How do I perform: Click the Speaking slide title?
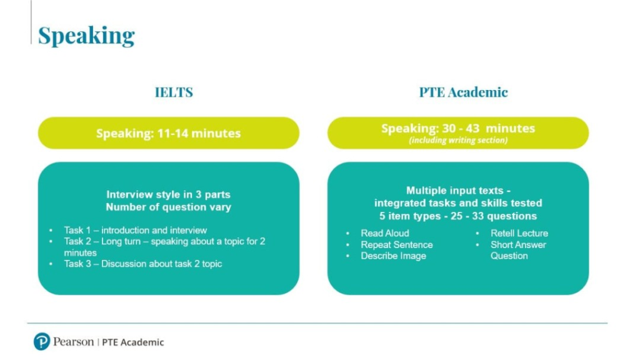click(x=86, y=36)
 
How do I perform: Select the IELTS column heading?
click(x=174, y=92)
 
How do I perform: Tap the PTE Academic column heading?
click(x=463, y=92)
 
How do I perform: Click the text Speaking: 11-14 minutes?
click(x=168, y=134)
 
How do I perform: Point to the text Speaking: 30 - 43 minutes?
click(x=458, y=129)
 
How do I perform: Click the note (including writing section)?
click(x=458, y=141)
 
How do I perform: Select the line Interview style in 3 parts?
click(x=168, y=194)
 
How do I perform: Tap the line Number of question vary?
click(x=168, y=207)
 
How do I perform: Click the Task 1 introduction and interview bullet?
click(x=135, y=230)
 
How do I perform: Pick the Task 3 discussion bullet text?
click(x=143, y=264)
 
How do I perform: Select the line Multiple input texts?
click(x=458, y=191)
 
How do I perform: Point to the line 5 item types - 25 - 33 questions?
click(x=458, y=216)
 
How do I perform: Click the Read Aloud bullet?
click(x=385, y=233)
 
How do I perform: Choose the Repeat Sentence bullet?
click(x=397, y=245)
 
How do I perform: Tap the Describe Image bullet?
click(x=394, y=256)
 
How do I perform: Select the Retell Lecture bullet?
click(x=519, y=233)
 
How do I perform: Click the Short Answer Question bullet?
click(x=518, y=250)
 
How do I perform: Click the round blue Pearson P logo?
click(x=42, y=342)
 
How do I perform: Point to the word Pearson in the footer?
click(x=74, y=342)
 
